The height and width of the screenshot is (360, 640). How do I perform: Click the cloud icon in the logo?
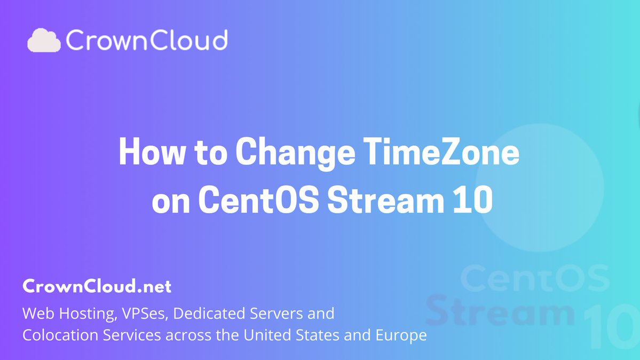[45, 41]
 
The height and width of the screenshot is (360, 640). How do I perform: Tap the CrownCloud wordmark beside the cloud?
[147, 41]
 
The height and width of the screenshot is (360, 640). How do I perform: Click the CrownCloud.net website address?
[97, 287]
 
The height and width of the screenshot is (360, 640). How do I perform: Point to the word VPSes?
[144, 313]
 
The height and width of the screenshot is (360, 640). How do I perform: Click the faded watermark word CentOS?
[534, 279]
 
